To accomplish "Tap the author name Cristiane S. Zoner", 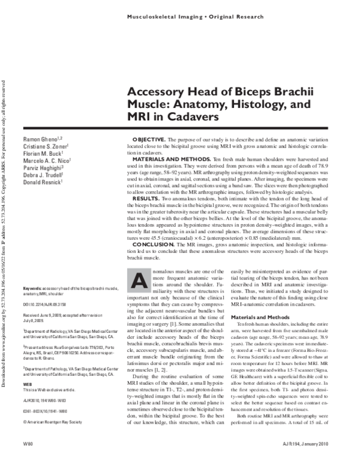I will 44,146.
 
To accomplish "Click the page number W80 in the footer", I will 28,459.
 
